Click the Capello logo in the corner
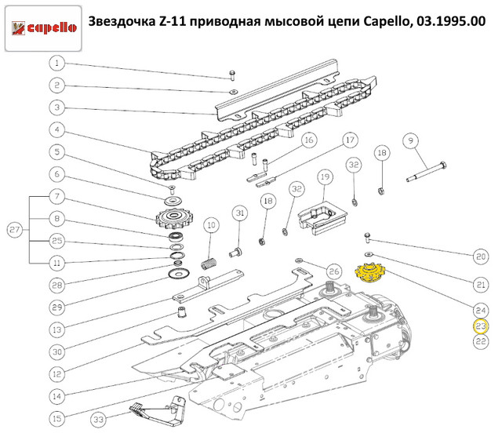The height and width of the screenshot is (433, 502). click(43, 28)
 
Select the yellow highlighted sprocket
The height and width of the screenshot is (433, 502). click(370, 273)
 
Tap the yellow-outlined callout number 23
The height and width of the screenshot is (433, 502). click(481, 326)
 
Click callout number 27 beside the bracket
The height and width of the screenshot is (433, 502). click(15, 230)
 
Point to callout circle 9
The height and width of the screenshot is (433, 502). click(411, 140)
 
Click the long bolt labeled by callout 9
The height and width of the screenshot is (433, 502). click(427, 172)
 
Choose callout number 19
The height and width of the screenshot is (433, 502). click(325, 176)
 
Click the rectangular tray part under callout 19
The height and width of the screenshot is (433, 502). click(322, 218)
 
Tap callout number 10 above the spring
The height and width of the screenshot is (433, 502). click(211, 225)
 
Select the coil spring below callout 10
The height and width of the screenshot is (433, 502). click(209, 264)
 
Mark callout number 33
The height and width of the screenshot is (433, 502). click(99, 419)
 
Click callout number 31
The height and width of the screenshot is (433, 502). click(240, 213)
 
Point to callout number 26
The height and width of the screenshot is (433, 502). click(334, 271)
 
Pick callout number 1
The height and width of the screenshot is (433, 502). click(57, 63)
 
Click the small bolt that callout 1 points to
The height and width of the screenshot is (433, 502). click(232, 75)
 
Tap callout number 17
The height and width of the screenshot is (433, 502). click(351, 140)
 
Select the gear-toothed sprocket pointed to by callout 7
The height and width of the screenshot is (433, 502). click(173, 218)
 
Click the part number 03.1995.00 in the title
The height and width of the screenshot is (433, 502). click(451, 21)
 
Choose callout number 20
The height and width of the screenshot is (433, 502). click(481, 257)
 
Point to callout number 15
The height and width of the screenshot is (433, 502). click(57, 418)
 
